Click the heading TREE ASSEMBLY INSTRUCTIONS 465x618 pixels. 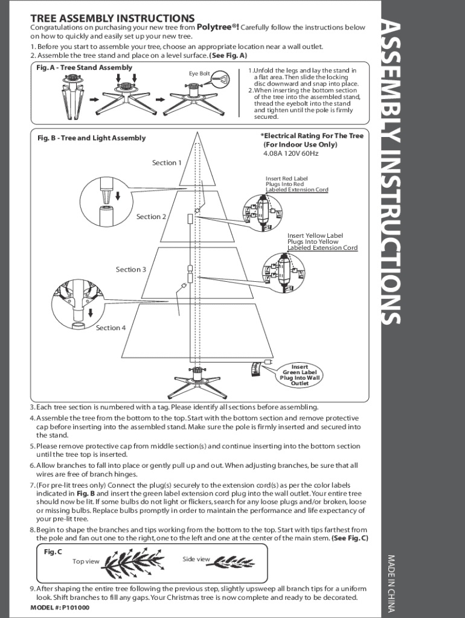112,19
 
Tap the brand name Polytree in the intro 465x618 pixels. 216,27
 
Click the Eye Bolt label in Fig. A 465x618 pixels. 199,74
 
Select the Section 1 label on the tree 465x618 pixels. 167,163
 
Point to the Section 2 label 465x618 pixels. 151,217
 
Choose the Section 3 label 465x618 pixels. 131,270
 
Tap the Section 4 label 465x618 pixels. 111,328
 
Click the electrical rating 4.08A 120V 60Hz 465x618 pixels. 290,154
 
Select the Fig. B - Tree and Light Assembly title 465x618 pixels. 91,138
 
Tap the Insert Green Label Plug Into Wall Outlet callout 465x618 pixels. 300,375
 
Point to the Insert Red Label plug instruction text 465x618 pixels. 297,184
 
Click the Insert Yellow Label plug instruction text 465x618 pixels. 322,241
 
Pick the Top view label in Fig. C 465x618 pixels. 86,562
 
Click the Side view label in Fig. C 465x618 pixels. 196,559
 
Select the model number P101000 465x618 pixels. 60,608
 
